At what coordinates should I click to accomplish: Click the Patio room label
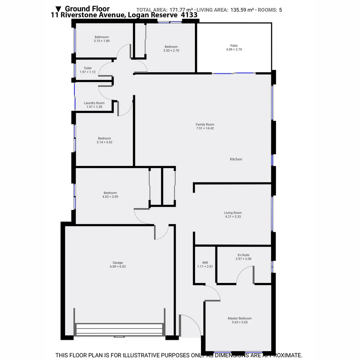(x=234, y=46)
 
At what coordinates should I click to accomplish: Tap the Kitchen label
(x=236, y=159)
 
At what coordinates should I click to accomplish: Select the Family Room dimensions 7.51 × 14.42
(x=205, y=128)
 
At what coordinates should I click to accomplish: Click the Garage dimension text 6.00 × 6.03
(x=118, y=267)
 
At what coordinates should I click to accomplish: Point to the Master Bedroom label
(x=240, y=318)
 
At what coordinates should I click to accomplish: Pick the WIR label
(x=205, y=263)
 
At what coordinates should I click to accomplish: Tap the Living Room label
(x=233, y=213)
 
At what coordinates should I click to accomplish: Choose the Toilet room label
(x=88, y=68)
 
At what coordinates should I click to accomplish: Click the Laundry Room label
(x=94, y=103)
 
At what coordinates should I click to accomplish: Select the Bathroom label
(x=102, y=37)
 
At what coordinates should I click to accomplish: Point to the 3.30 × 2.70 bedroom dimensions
(x=171, y=51)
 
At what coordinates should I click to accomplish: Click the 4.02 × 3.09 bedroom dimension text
(x=110, y=197)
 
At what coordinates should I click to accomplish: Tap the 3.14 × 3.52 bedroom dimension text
(x=104, y=142)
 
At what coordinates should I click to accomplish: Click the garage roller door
(x=119, y=329)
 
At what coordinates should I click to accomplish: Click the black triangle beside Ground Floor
(x=59, y=9)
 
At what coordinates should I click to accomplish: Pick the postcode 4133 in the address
(x=189, y=15)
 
